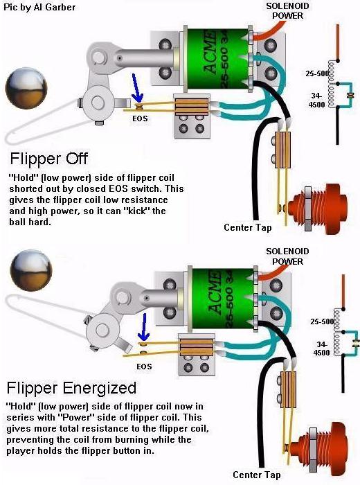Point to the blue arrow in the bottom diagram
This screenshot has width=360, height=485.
[143, 325]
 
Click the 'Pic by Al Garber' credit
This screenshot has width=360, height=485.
[40, 8]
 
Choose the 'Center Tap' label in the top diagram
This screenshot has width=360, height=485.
[248, 227]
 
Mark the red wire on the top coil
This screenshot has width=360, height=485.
[270, 26]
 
